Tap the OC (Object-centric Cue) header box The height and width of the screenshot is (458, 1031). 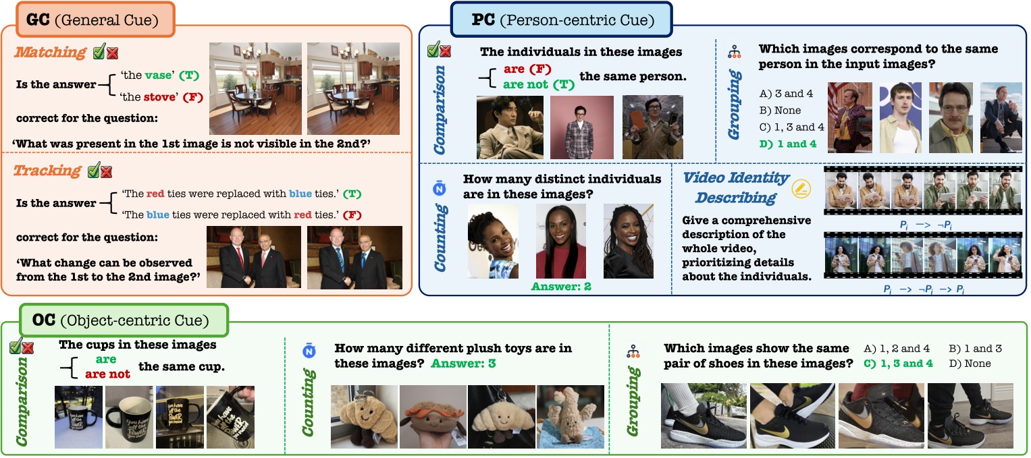125,320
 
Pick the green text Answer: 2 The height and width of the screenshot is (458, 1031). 560,286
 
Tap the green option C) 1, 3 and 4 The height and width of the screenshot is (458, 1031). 898,364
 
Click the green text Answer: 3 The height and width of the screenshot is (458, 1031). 462,364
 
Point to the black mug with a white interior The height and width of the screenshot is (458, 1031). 129,417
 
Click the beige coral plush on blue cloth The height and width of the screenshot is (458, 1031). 570,417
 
